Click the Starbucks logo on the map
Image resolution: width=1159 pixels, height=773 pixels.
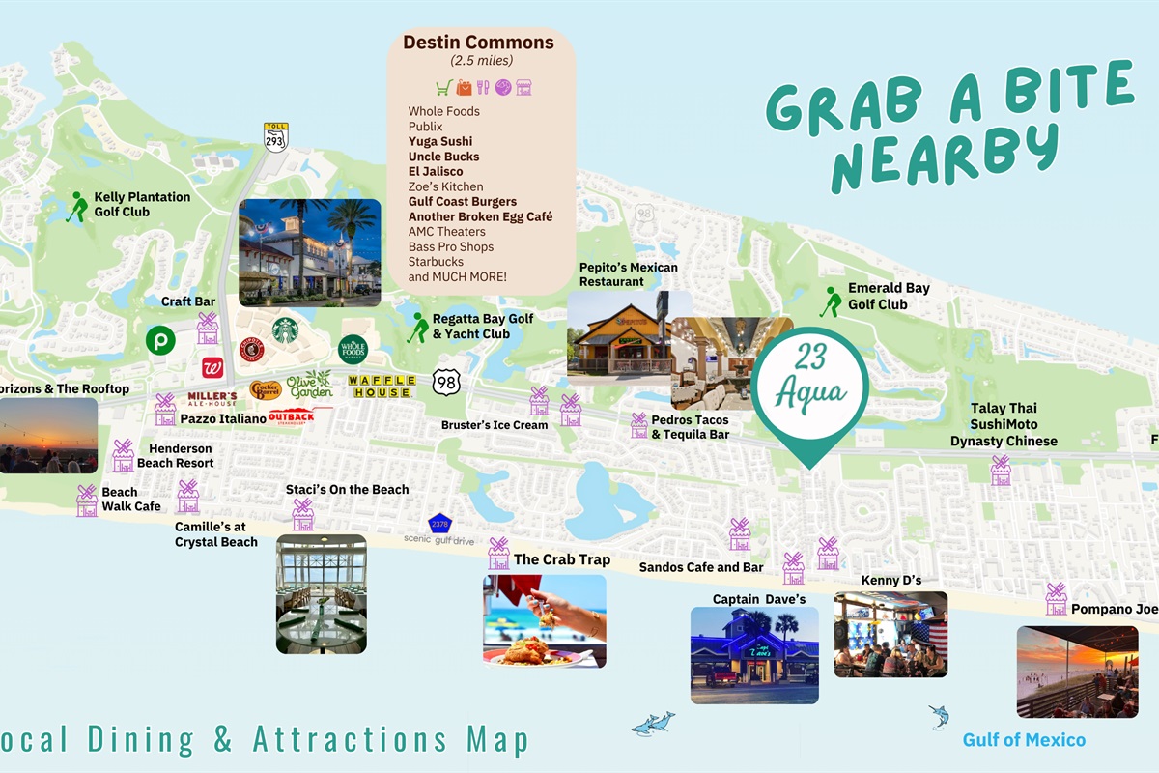[x=285, y=330]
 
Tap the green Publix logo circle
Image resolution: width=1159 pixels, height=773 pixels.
[x=159, y=340]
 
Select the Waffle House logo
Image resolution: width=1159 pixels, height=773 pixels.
[x=382, y=386]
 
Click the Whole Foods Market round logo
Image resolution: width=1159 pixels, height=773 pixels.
[x=353, y=348]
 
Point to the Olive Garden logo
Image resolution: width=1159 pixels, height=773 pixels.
[x=309, y=384]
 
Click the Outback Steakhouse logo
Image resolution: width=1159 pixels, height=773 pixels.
[x=291, y=417]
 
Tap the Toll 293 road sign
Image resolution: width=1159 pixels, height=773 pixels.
[x=276, y=137]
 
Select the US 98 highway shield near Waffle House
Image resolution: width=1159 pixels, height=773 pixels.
[x=446, y=381]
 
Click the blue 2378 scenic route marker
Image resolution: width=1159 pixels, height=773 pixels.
[x=440, y=524]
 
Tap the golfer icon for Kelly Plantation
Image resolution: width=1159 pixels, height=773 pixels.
[x=77, y=206]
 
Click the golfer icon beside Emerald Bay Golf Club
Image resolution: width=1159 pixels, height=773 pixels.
[x=831, y=301]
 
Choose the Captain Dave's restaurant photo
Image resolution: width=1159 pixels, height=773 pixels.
[x=754, y=654]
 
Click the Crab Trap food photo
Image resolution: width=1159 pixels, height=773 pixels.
[x=545, y=621]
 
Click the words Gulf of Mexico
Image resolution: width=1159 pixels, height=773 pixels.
[x=1024, y=740]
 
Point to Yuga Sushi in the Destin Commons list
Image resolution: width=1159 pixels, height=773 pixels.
[x=440, y=141]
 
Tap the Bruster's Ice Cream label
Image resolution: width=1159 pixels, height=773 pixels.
[x=495, y=425]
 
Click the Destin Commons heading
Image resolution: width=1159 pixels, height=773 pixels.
[x=478, y=43]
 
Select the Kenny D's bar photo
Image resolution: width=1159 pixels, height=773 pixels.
[x=890, y=634]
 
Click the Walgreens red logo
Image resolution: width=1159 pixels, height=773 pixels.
[x=212, y=368]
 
